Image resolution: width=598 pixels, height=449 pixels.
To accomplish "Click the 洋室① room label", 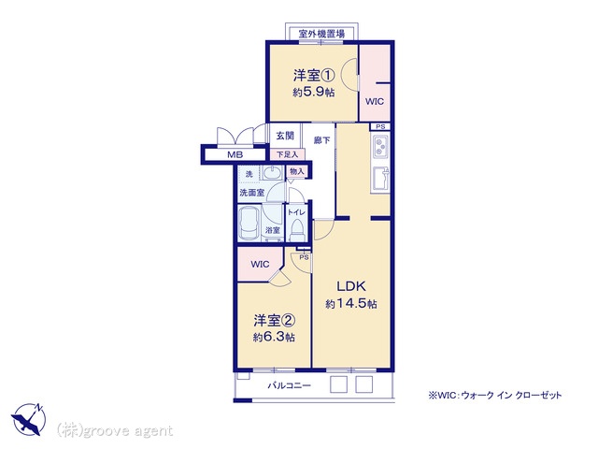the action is pos(314,75).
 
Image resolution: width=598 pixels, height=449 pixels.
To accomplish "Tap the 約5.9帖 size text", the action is pos(314,92).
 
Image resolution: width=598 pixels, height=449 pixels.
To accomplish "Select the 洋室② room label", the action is pos(274,321).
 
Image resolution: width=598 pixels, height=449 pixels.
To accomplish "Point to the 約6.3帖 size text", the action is pos(274,337).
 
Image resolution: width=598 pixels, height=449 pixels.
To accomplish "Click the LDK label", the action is pos(351,286).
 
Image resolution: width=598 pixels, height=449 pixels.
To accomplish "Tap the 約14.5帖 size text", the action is pos(351,303).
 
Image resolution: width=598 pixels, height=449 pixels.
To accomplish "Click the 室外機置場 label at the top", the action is pos(321,34).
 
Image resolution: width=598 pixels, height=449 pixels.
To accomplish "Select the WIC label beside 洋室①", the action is pos(375,102).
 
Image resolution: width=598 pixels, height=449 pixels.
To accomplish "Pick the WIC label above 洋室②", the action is pos(260,264).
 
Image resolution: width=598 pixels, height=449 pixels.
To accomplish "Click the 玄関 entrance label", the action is pos(285,136).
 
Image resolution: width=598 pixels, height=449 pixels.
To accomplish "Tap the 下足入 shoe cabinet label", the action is pos(287,154).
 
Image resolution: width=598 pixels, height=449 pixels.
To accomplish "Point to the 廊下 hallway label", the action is pos(321,140).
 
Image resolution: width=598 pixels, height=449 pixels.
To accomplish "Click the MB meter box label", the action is pos(235,154).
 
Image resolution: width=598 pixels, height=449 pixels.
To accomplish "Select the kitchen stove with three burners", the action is pos(380,147).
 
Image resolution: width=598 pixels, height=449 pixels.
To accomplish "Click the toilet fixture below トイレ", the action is pos(296,231).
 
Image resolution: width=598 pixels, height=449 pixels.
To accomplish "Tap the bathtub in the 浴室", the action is pos(249,224).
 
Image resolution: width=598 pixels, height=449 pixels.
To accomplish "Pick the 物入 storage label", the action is pos(296,171).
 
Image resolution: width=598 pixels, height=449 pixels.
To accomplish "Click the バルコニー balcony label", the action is pos(289,385).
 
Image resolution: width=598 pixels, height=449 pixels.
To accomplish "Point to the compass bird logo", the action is pos(28,419).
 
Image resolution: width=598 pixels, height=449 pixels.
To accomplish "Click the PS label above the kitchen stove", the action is pos(380,127).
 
